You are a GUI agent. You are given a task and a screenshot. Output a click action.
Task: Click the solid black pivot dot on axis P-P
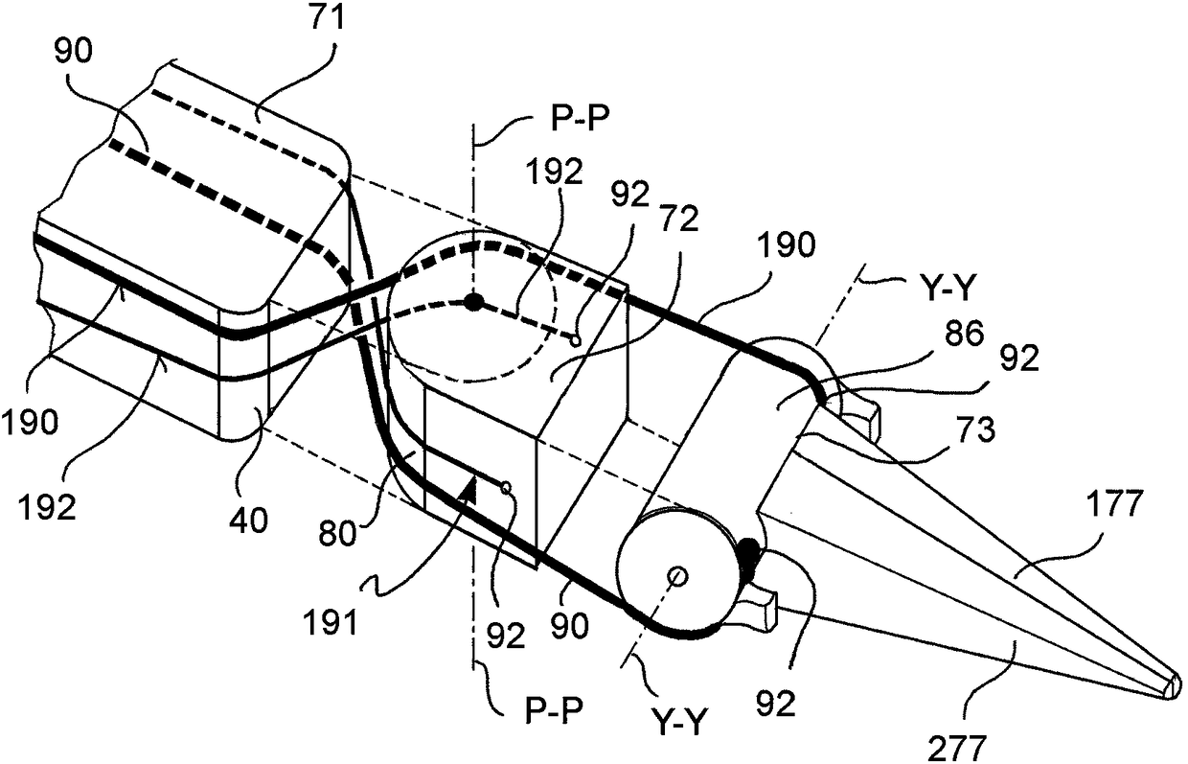(473, 303)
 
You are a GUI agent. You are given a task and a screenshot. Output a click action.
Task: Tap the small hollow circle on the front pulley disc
(678, 576)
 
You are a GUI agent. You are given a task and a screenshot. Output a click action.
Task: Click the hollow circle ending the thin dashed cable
(576, 338)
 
